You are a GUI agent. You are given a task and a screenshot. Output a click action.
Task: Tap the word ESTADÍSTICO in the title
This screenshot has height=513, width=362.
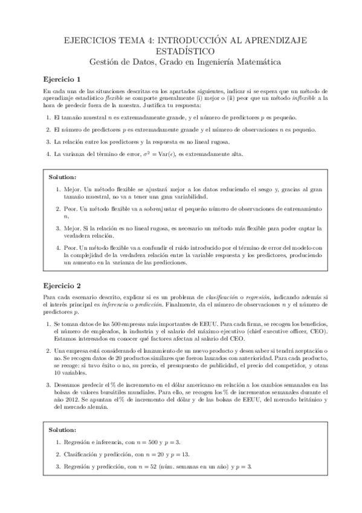tap(181, 50)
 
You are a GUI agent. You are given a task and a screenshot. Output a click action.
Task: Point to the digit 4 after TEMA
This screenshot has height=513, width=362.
tap(143, 40)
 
